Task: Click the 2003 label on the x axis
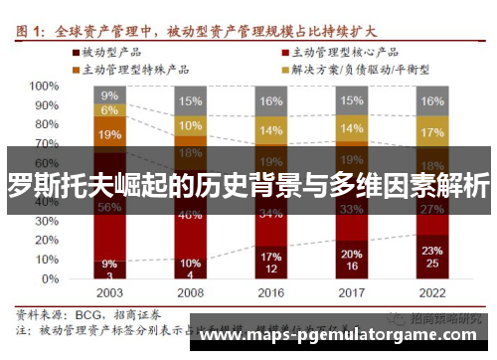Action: [x=110, y=293]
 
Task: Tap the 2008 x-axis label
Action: [x=190, y=293]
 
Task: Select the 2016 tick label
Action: [x=270, y=293]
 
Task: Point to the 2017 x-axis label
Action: [x=350, y=293]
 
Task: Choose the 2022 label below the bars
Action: [x=431, y=293]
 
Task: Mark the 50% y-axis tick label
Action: [x=44, y=182]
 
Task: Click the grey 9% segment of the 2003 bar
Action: [x=110, y=95]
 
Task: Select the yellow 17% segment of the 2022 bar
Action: [x=431, y=132]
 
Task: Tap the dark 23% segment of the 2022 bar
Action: [x=431, y=256]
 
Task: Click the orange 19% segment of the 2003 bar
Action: [x=110, y=134]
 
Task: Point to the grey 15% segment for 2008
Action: [x=190, y=100]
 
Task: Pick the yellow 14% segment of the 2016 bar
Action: [x=270, y=129]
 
